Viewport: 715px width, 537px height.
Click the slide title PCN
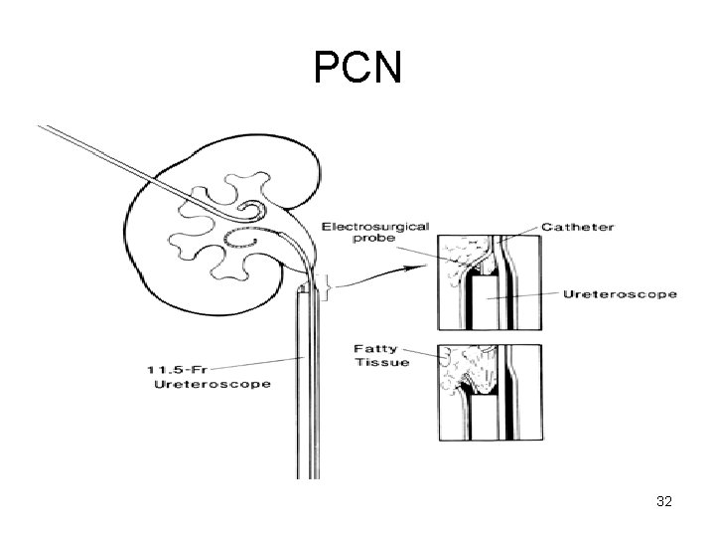coord(357,68)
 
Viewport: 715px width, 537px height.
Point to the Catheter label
coord(578,228)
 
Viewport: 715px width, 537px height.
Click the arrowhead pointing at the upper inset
coord(428,268)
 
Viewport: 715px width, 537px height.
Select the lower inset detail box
coord(490,391)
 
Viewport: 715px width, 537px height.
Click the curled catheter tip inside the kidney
coord(254,211)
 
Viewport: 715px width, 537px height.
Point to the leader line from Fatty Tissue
coord(421,353)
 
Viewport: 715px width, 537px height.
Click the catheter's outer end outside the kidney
coord(40,128)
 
